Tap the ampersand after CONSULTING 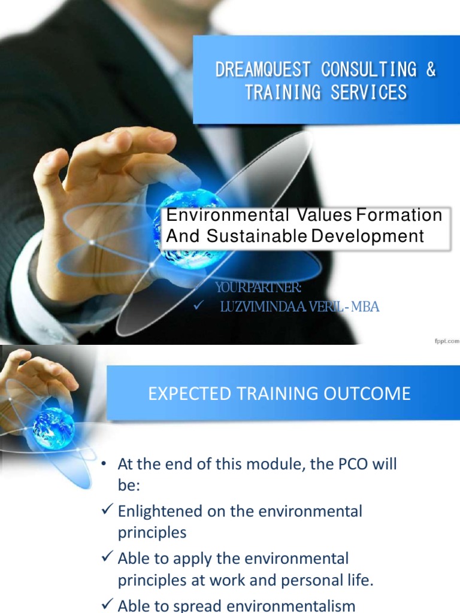click(x=431, y=70)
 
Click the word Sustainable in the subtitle click(x=256, y=236)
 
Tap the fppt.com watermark click(x=446, y=341)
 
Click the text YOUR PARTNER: click(x=258, y=289)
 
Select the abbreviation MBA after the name click(x=365, y=308)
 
